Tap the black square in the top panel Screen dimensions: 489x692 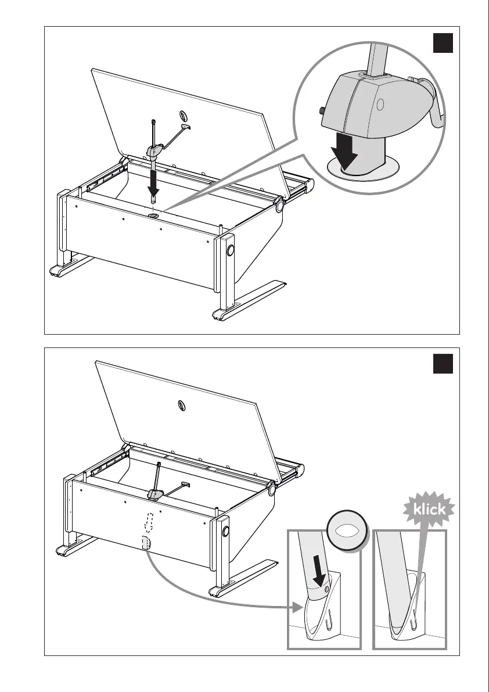444,44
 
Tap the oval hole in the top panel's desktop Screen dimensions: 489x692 184,114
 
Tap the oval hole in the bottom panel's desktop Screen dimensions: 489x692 182,404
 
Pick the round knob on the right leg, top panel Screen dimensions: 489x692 231,250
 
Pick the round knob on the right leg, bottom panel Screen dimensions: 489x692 225,531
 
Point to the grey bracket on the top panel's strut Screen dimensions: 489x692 153,152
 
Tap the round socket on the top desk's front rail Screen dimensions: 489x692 154,216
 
